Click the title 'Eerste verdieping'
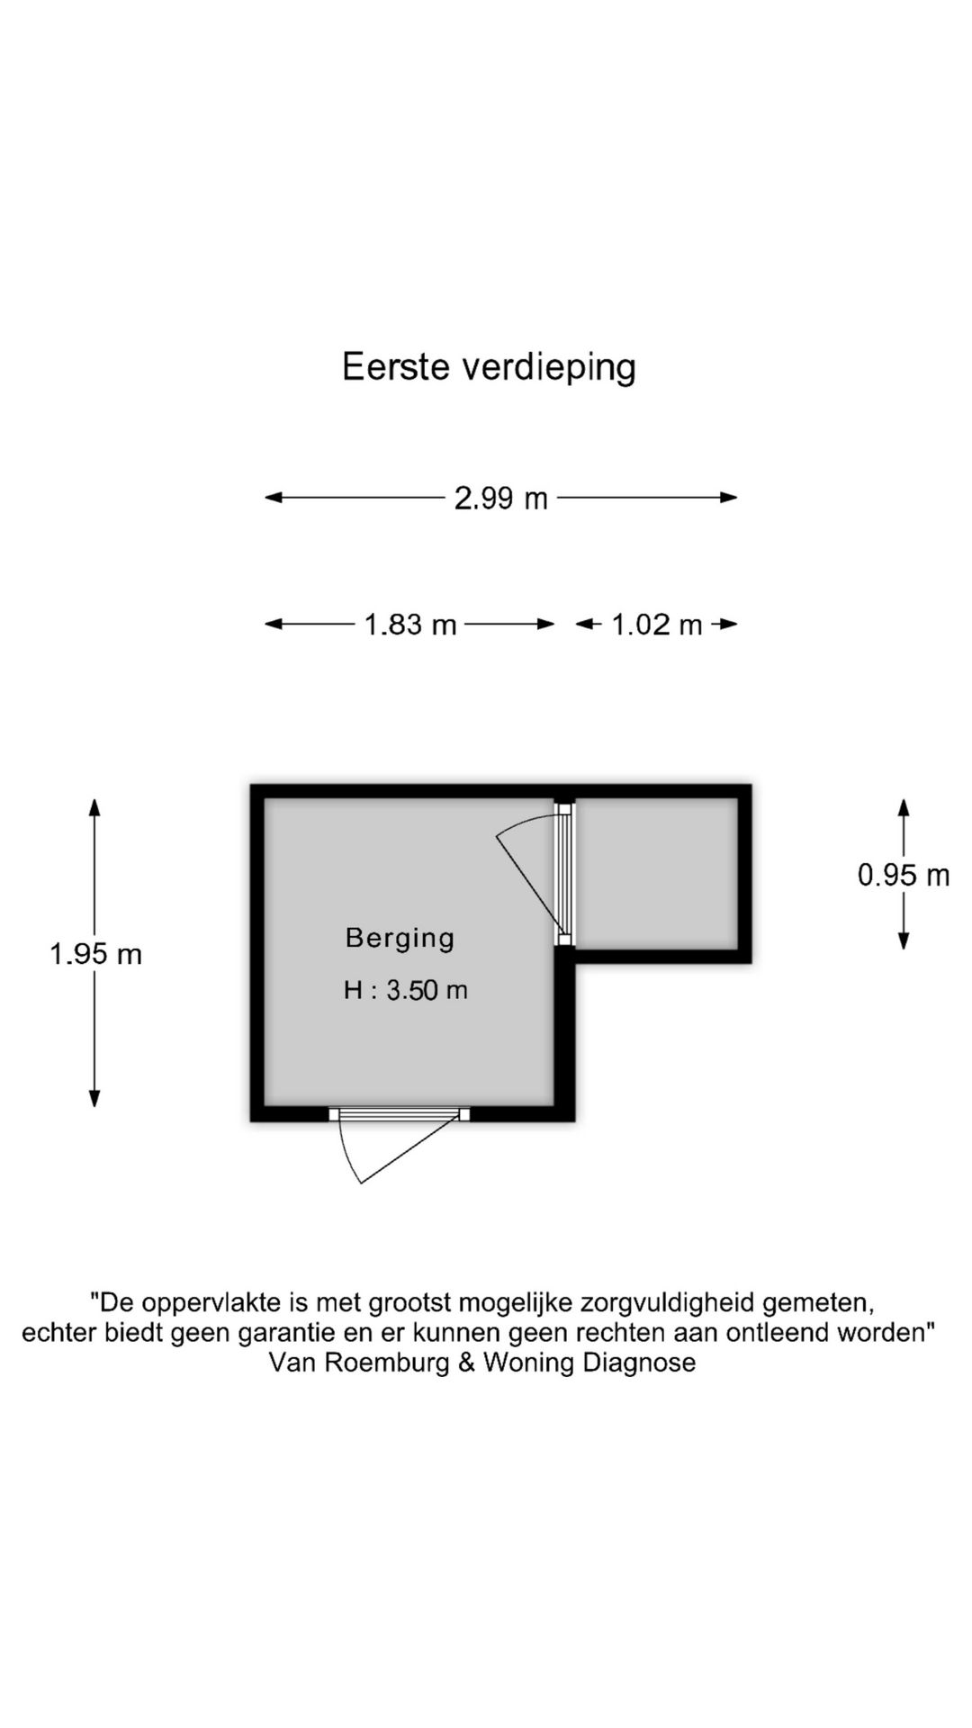[x=489, y=368]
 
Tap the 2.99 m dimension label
[x=500, y=498]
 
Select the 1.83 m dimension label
[x=410, y=624]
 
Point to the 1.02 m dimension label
[x=656, y=624]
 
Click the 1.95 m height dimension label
[x=95, y=954]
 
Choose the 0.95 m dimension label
[x=904, y=875]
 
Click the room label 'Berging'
[x=400, y=938]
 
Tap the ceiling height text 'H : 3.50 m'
[x=406, y=990]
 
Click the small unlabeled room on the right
[x=656, y=873]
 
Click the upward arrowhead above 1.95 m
[x=94, y=806]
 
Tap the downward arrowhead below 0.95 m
[x=904, y=941]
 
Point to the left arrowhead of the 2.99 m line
[x=274, y=497]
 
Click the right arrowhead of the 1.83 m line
[x=546, y=624]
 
